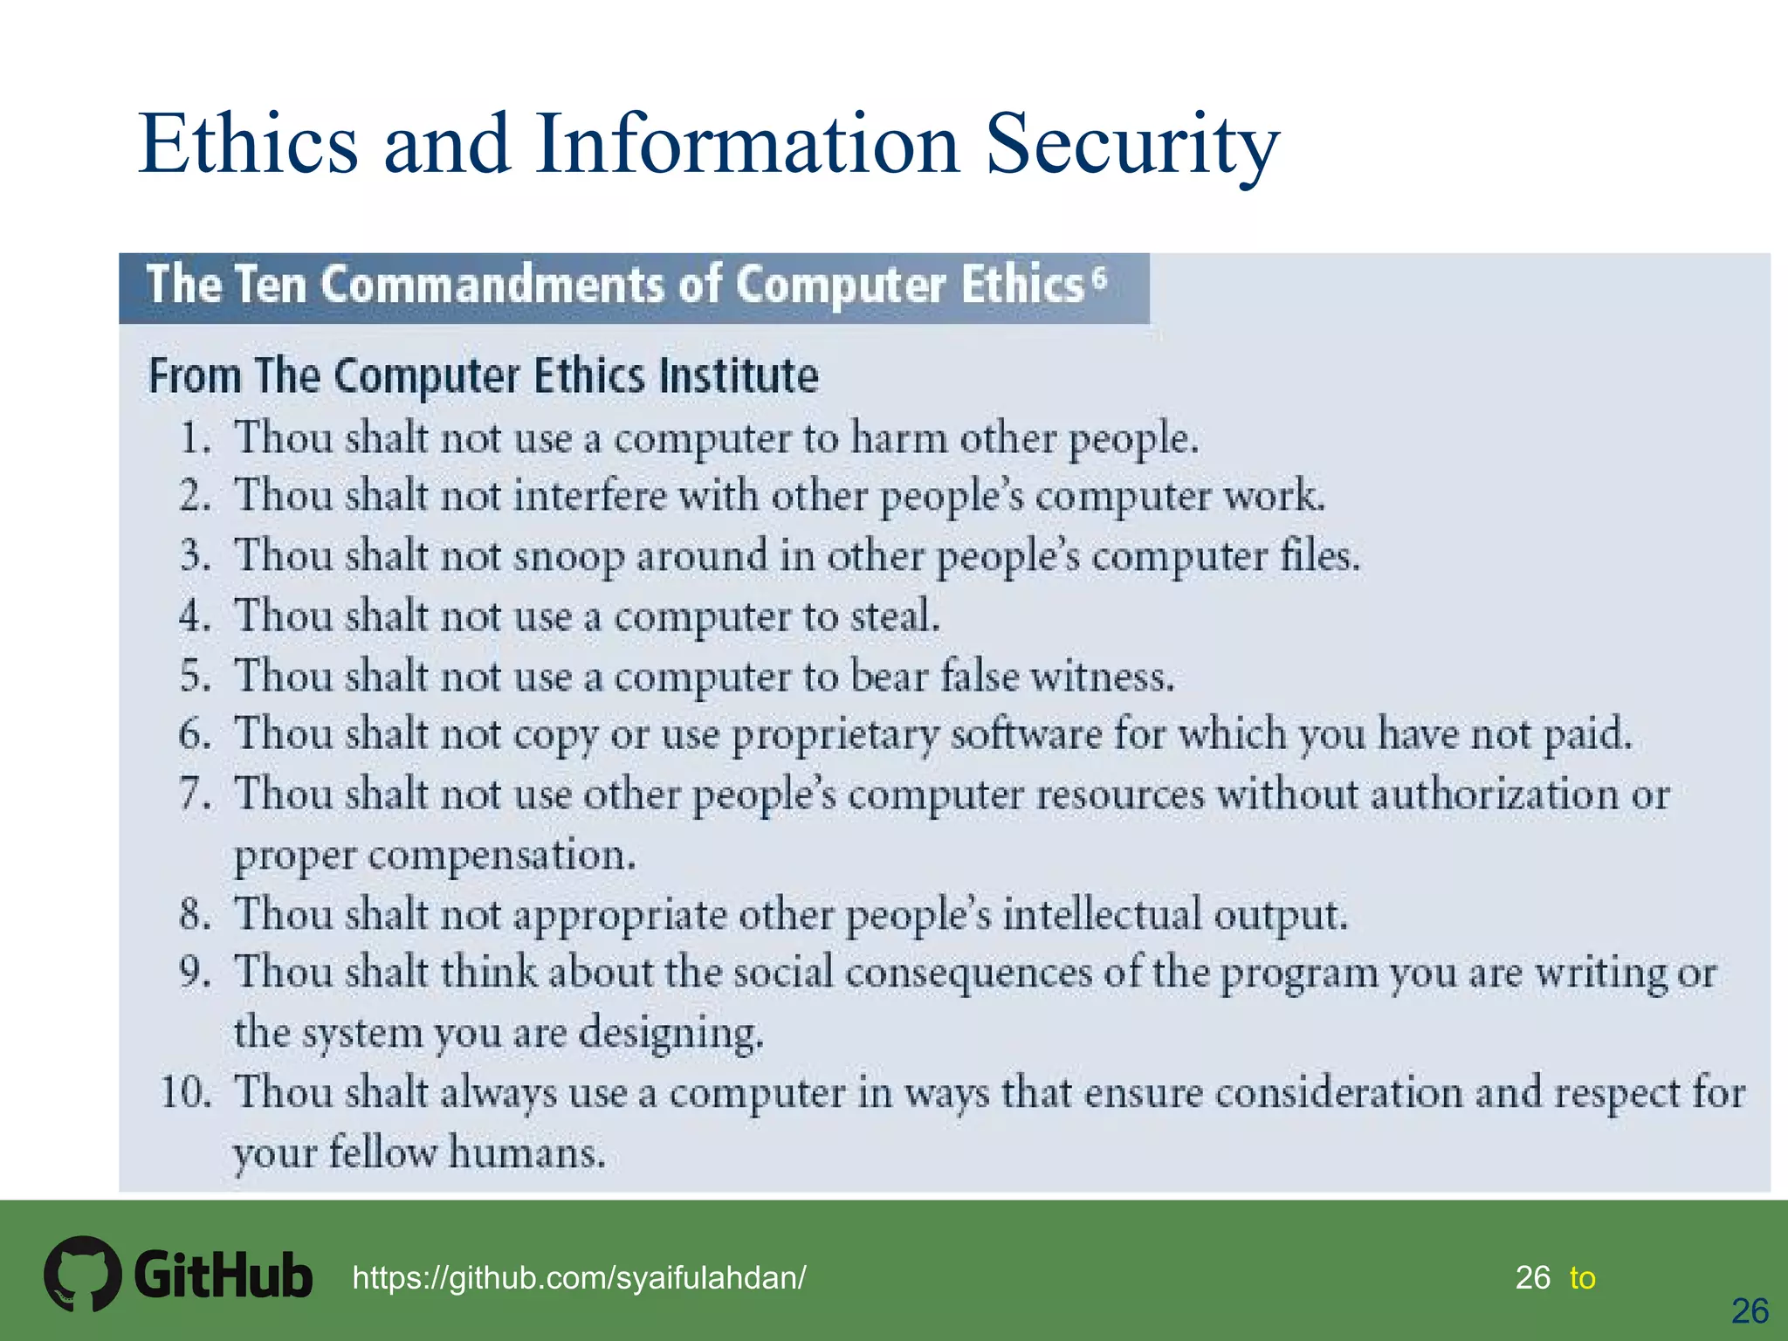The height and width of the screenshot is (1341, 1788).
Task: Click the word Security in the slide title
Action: (x=1132, y=144)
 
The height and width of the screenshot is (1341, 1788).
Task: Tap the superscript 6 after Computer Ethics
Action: (x=1099, y=278)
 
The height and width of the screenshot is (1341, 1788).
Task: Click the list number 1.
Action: (x=195, y=437)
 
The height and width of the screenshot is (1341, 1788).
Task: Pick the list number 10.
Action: (x=186, y=1092)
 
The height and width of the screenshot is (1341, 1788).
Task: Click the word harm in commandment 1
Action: (x=898, y=437)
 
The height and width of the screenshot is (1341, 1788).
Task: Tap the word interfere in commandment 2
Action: (x=589, y=496)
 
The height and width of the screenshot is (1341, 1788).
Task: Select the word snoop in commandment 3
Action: (x=568, y=557)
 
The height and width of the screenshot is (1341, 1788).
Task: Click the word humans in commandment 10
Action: (x=526, y=1152)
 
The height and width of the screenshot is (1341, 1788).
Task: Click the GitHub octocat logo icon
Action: (x=82, y=1273)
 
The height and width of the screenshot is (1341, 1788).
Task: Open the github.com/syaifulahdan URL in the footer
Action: (x=579, y=1278)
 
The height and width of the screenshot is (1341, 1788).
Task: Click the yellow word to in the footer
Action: (x=1582, y=1278)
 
